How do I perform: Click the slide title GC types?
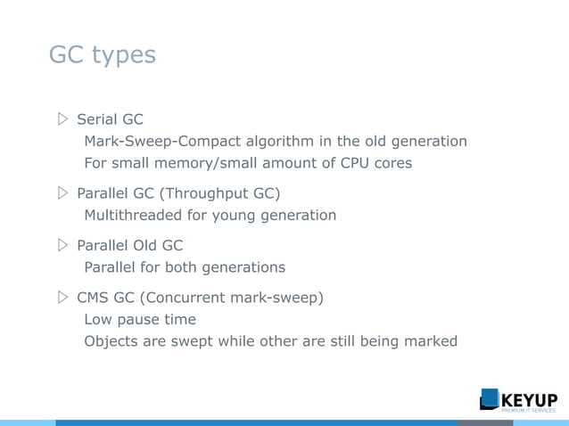[x=102, y=55]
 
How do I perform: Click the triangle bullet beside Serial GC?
[x=62, y=119]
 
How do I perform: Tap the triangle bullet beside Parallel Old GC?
[x=62, y=245]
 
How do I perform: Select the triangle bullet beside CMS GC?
[x=62, y=297]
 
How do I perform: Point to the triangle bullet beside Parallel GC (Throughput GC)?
[x=62, y=193]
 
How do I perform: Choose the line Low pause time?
[x=139, y=319]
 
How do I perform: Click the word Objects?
[x=112, y=340]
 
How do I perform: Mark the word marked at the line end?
[x=431, y=340]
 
